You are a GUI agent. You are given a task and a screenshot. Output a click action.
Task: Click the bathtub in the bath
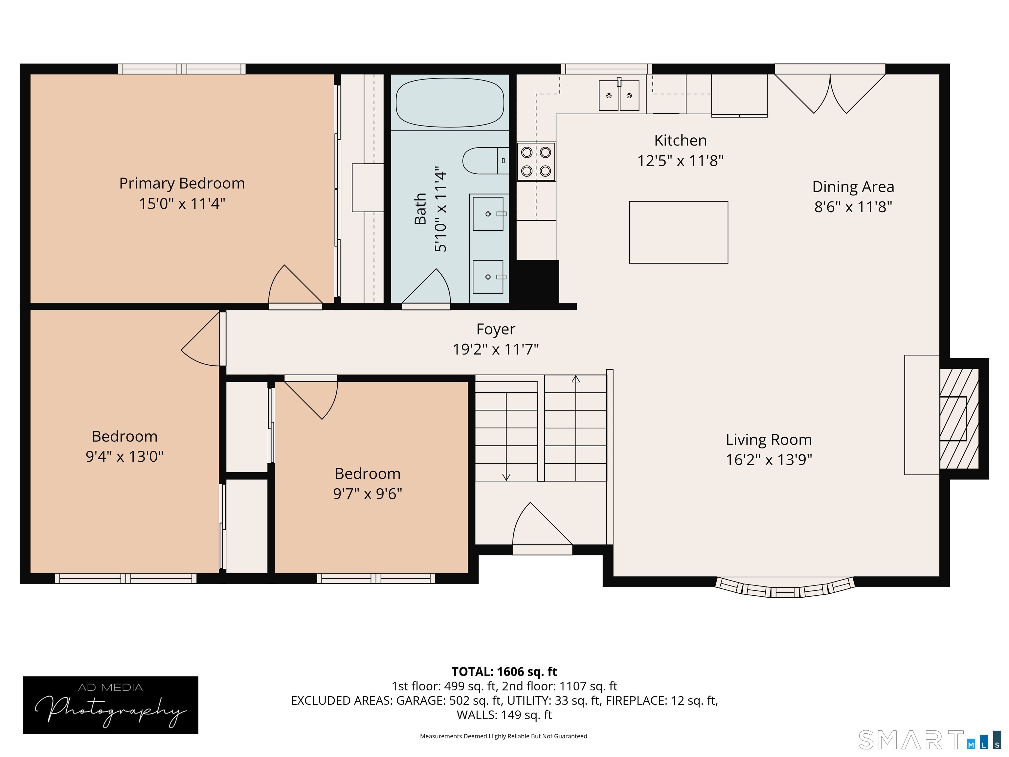click(450, 103)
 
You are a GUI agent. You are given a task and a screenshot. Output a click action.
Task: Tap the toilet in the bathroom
click(486, 161)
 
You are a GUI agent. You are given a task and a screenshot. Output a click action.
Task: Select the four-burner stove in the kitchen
click(536, 162)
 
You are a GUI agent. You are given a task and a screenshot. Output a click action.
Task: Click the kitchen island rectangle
click(678, 232)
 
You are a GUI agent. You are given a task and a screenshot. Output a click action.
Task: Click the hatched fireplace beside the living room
click(959, 419)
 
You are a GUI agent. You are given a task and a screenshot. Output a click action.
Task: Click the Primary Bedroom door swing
click(295, 285)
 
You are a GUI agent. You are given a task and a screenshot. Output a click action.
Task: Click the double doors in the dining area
click(830, 91)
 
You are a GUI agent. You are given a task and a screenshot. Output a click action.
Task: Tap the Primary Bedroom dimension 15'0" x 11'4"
click(182, 203)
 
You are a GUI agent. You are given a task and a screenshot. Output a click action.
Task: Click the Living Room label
click(769, 439)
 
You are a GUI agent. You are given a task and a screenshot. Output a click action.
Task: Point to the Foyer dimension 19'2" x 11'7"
click(496, 350)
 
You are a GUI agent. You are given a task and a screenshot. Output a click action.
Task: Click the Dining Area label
click(853, 187)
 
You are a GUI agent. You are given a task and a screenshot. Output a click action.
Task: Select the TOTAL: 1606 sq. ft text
click(504, 672)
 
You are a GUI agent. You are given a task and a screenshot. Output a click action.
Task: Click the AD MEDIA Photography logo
click(110, 705)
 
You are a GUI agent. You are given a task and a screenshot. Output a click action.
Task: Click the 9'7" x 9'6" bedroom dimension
click(368, 494)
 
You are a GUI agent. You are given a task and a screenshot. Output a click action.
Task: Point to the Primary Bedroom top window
click(182, 69)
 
